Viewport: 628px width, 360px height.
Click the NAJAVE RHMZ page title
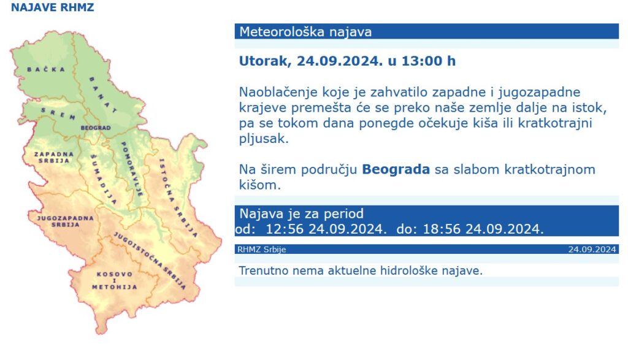tap(52, 8)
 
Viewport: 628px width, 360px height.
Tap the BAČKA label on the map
tap(46, 70)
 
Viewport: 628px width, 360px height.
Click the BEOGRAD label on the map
tap(96, 128)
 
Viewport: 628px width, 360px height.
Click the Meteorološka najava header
tap(305, 32)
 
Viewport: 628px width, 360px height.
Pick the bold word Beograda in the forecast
tap(396, 170)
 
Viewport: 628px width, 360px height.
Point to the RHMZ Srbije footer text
tap(261, 250)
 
